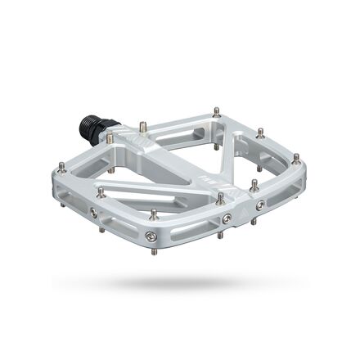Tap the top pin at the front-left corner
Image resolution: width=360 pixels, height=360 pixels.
[x=101, y=193]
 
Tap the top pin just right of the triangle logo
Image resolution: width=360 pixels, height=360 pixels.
[x=254, y=184]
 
